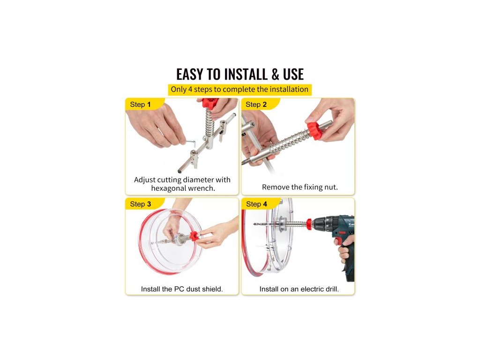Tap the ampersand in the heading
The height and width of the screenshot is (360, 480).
[x=275, y=75]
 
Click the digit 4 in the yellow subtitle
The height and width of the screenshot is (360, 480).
[x=190, y=90]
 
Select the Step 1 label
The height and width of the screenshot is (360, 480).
[x=140, y=105]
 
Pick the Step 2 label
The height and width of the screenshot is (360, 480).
[x=256, y=105]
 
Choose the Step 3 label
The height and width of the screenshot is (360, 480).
[x=141, y=204]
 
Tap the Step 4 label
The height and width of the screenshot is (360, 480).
[x=256, y=204]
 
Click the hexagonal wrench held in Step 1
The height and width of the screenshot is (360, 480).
[x=192, y=142]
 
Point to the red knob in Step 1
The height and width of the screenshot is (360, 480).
[x=210, y=103]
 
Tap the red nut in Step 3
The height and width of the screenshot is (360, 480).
[x=194, y=236]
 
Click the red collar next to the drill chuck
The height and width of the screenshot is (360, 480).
[x=309, y=224]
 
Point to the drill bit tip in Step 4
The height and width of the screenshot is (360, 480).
[x=255, y=225]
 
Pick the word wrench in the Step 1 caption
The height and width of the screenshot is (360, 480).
[x=201, y=188]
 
